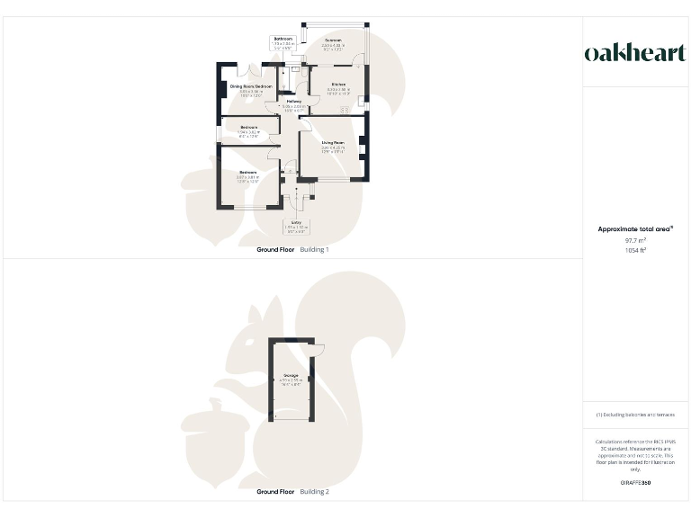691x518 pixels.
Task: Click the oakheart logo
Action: pyautogui.click(x=635, y=53)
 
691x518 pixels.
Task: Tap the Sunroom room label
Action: pyautogui.click(x=333, y=41)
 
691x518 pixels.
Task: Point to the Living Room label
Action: pyautogui.click(x=333, y=142)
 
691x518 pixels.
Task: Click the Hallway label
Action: pyautogui.click(x=293, y=102)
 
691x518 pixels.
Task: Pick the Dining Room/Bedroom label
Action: pyautogui.click(x=250, y=86)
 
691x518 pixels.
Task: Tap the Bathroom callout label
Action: pyautogui.click(x=284, y=39)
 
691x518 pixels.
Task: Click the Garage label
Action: pyautogui.click(x=291, y=375)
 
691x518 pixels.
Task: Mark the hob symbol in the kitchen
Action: pyautogui.click(x=345, y=111)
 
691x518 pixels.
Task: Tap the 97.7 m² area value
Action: pyautogui.click(x=635, y=240)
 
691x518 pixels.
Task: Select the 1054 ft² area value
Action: pyautogui.click(x=635, y=250)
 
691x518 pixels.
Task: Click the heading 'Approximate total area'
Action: pyautogui.click(x=634, y=229)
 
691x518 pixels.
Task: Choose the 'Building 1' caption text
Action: pyautogui.click(x=314, y=249)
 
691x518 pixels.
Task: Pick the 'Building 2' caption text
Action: pyautogui.click(x=314, y=492)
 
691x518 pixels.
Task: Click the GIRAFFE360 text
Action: pyautogui.click(x=635, y=483)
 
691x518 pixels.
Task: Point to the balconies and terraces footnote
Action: pyautogui.click(x=635, y=415)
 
